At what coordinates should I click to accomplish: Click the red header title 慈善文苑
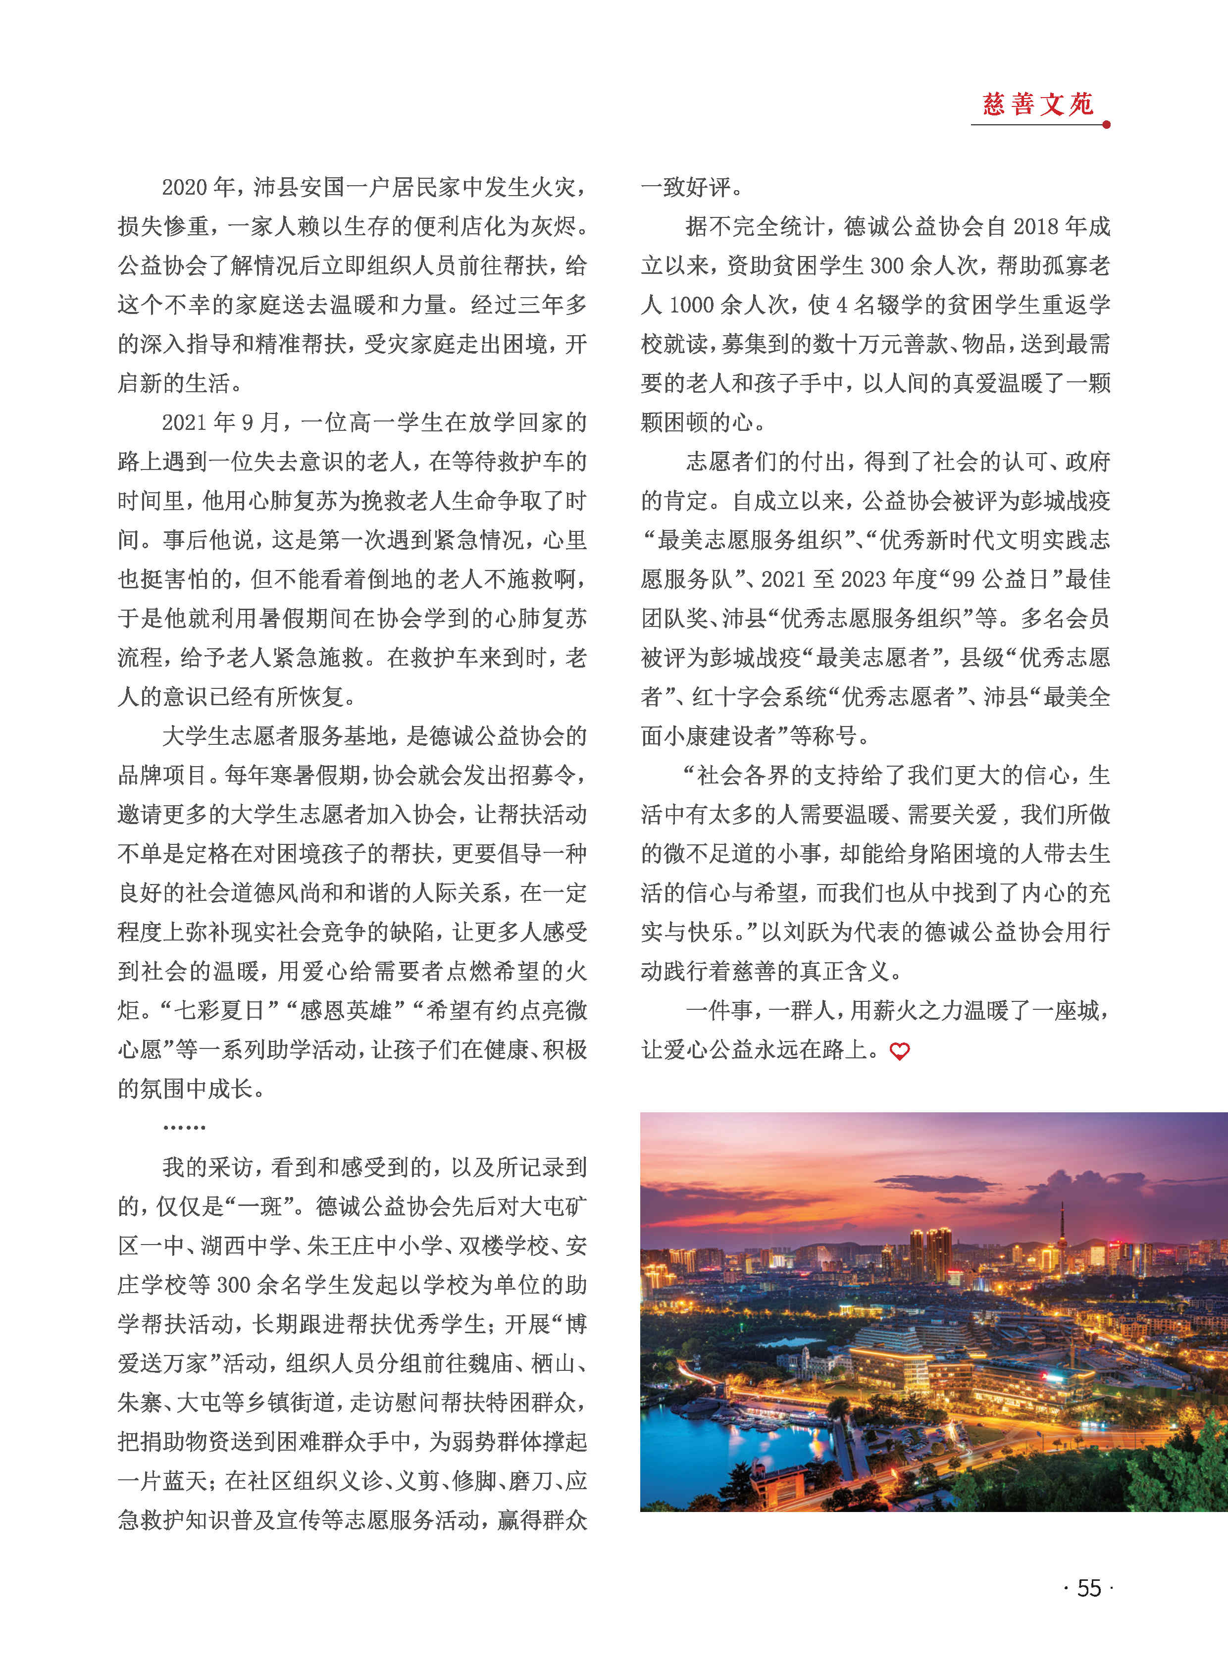point(1038,104)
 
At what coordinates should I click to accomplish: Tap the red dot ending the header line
point(1106,125)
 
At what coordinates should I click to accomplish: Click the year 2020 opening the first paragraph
point(184,187)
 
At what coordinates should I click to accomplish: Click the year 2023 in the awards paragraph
point(862,579)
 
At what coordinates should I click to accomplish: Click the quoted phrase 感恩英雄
point(346,1010)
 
